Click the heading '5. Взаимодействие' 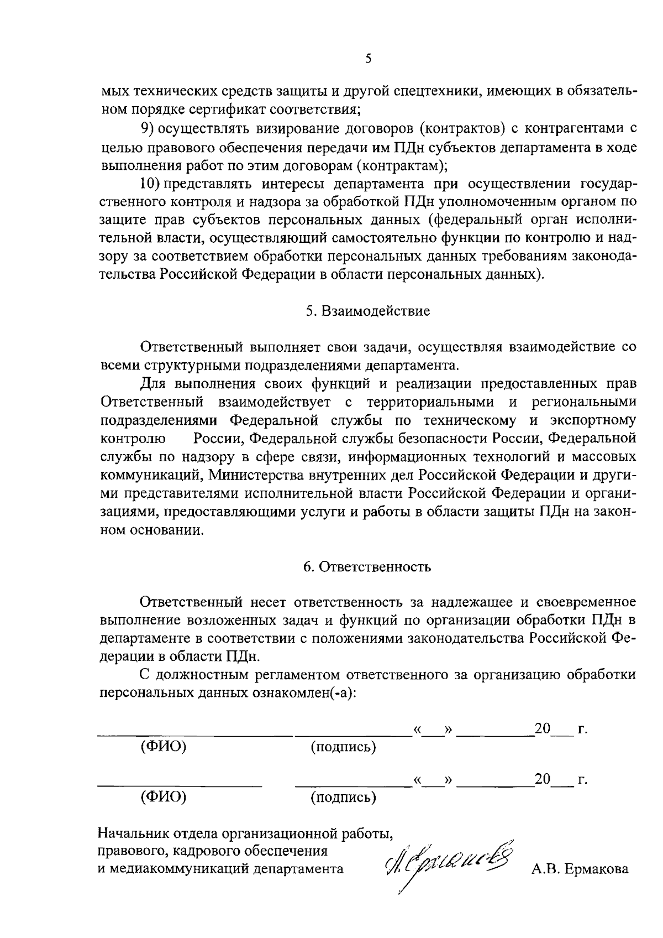pos(368,311)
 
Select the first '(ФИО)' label pos(164,747)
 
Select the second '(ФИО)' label pos(164,796)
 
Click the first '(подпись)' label pos(343,747)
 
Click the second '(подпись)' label pos(343,797)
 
